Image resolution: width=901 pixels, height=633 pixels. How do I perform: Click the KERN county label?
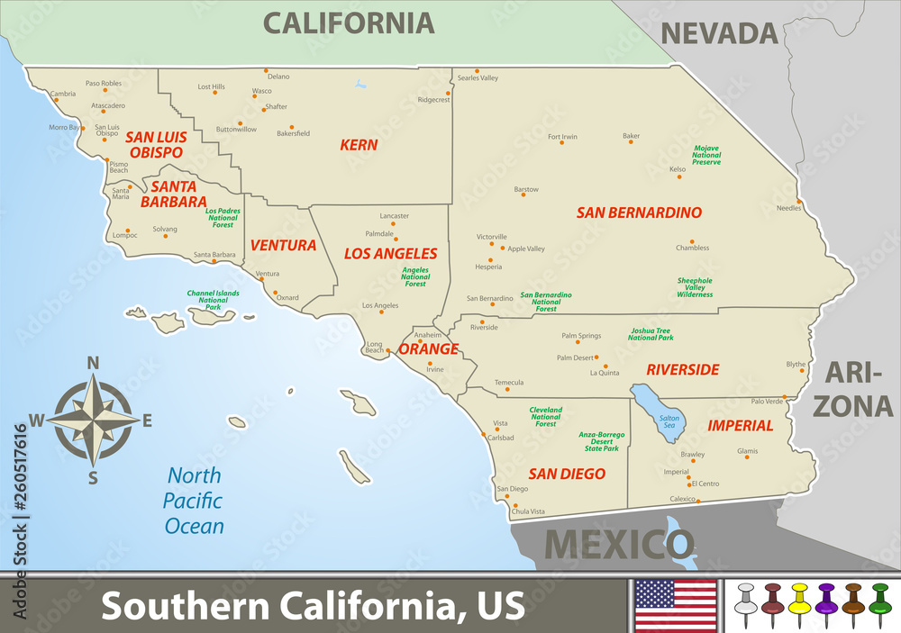coord(359,144)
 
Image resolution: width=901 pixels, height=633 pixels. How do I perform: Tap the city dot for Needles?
coord(799,201)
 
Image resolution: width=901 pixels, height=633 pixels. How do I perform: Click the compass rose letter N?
coord(92,364)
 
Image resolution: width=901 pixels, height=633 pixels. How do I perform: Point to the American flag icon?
coord(676,605)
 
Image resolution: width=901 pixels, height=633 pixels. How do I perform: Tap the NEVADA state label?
coord(719,33)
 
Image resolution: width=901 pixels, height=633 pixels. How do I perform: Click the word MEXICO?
coord(620,544)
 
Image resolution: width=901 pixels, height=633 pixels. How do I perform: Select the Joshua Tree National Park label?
coord(651,334)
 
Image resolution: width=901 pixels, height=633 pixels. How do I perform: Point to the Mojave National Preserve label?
coord(706,155)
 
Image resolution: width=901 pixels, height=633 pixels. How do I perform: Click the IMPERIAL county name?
coord(740,425)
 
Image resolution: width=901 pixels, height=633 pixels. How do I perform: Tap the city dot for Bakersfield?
coord(291,127)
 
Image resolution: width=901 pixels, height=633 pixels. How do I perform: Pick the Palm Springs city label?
coord(580,336)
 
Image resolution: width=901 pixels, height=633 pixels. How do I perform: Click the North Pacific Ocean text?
coord(196,501)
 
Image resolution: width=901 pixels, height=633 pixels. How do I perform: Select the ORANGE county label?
coord(423,348)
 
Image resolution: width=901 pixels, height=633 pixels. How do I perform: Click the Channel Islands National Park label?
coord(213,301)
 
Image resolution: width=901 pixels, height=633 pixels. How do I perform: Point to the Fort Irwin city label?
coord(562,137)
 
